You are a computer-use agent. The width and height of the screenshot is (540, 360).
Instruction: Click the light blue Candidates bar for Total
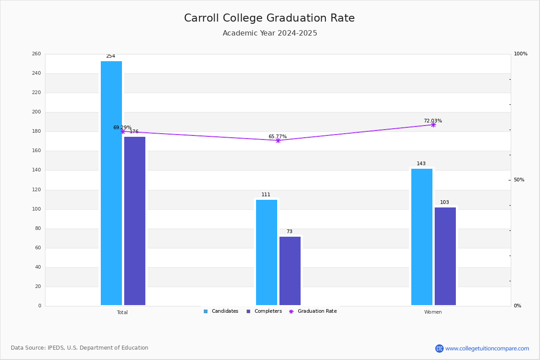(112, 183)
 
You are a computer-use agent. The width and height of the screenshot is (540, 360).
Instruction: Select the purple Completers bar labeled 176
(135, 221)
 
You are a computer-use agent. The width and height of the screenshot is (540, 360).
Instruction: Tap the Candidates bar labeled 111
(266, 252)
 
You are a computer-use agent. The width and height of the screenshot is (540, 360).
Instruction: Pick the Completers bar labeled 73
(290, 271)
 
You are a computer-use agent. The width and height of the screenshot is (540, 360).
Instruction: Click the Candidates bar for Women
(422, 237)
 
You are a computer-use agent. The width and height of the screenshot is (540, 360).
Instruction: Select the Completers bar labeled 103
(445, 256)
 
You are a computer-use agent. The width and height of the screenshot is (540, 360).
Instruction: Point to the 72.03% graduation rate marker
(433, 125)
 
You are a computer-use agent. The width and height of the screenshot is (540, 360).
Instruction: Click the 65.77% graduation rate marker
(278, 140)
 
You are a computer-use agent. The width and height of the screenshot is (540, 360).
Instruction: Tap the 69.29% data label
(122, 127)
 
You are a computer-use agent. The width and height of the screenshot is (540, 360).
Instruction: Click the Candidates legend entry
(221, 311)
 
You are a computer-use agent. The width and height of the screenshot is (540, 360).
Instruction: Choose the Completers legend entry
(264, 311)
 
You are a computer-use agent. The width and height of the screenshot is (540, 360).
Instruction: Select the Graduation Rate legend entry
(313, 311)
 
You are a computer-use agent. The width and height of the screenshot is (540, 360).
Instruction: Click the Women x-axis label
(433, 312)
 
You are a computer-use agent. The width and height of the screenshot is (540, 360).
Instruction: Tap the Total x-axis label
(122, 312)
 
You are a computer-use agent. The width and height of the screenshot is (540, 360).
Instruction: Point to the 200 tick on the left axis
(36, 112)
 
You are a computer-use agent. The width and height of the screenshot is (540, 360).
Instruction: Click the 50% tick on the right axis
(519, 180)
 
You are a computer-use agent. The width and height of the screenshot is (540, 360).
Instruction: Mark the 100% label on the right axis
(521, 54)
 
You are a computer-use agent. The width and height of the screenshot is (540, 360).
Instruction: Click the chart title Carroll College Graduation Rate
(270, 18)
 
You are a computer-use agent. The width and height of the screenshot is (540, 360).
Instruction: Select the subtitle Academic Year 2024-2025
(270, 33)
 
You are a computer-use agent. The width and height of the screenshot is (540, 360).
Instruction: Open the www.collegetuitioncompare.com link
(487, 348)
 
